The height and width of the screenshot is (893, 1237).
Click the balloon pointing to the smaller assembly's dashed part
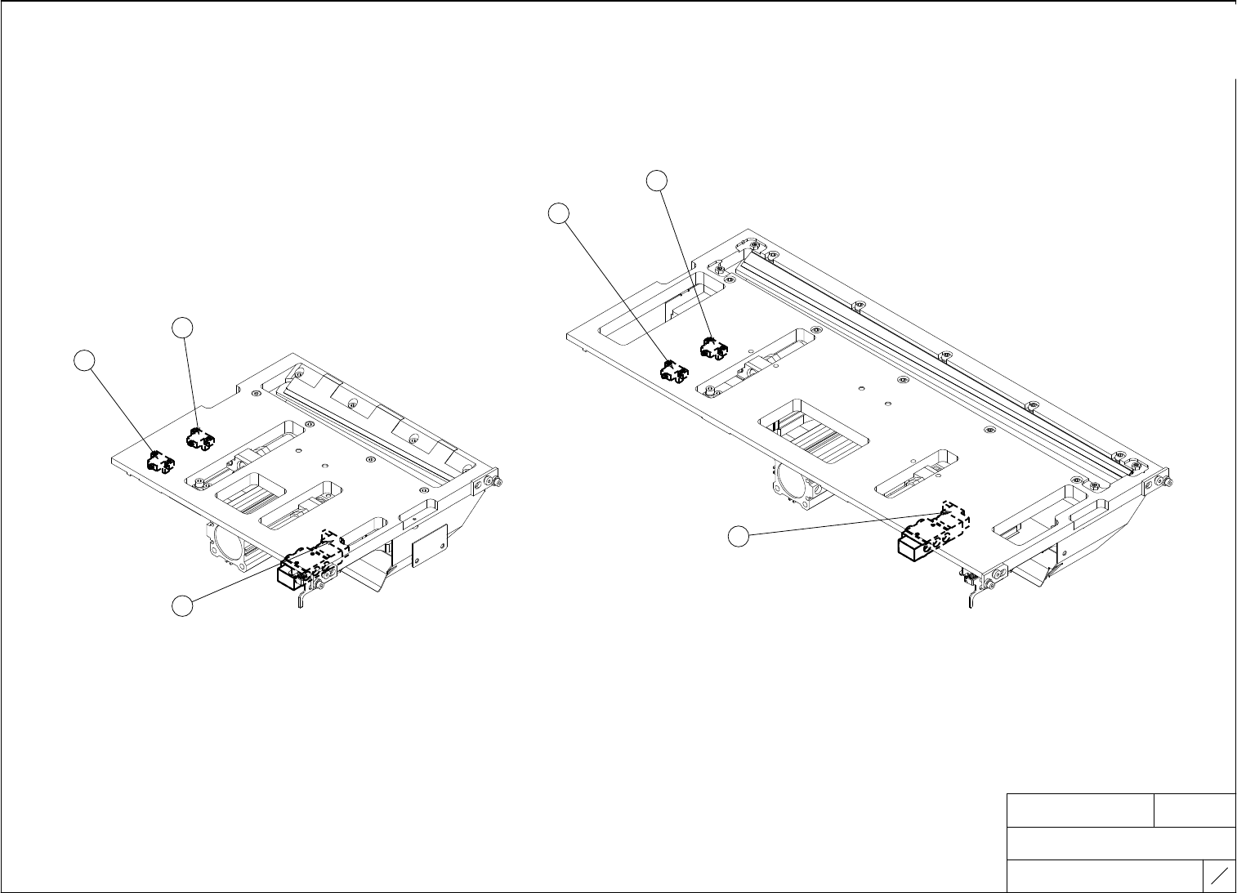[183, 606]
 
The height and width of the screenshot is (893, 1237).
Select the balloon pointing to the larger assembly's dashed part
[739, 537]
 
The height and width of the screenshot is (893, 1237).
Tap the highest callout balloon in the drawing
[658, 181]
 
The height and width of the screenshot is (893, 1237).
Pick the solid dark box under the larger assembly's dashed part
[915, 547]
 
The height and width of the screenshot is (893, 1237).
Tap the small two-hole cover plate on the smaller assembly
[430, 544]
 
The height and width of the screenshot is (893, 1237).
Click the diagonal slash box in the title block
[1220, 876]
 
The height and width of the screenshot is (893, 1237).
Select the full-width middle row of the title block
[1121, 843]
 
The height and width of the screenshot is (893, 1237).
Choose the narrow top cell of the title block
[1195, 810]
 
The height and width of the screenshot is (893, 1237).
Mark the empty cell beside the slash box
[1105, 876]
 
